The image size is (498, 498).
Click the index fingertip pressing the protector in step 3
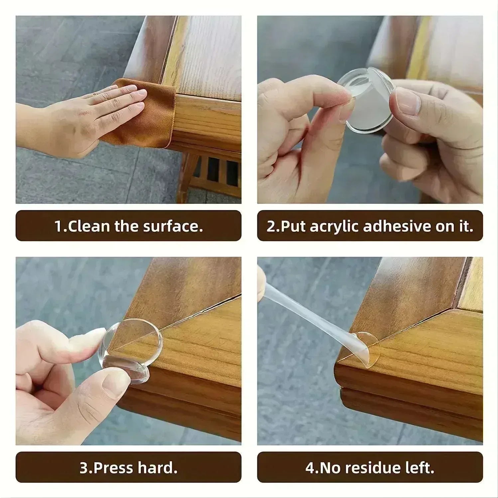coord(95,336)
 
